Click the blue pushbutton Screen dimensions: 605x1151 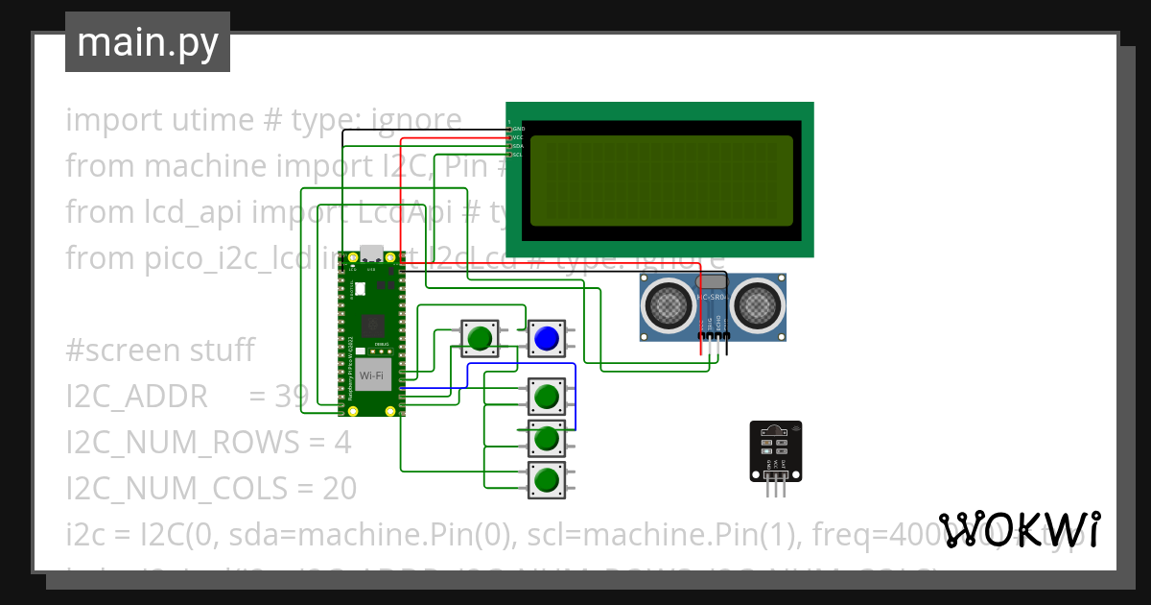coord(546,339)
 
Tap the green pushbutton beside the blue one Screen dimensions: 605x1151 coord(480,338)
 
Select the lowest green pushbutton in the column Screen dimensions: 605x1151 coord(546,479)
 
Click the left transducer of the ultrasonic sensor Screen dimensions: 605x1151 coord(669,304)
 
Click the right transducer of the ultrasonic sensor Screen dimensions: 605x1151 coord(759,304)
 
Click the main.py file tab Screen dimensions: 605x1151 coord(148,42)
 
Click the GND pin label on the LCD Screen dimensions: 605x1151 coord(518,129)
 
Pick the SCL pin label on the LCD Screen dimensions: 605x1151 coord(517,155)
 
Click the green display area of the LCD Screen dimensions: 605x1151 coord(661,180)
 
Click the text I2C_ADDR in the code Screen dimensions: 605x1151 coord(136,396)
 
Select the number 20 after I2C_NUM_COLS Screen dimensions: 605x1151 coord(339,489)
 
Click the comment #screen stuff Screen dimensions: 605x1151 coord(159,351)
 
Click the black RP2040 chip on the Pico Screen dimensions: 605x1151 coord(372,326)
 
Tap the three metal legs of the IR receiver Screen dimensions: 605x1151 coord(776,490)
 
